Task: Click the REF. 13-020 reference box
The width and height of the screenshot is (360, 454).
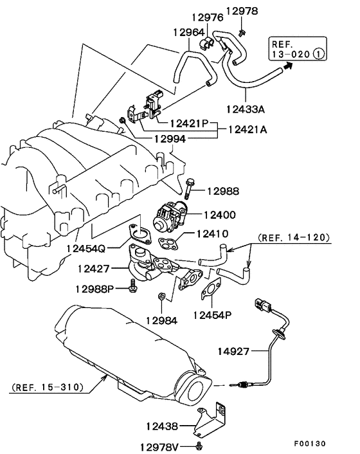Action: pyautogui.click(x=295, y=49)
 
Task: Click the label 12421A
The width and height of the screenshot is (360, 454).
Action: pyautogui.click(x=247, y=129)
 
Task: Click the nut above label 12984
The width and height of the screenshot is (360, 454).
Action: pyautogui.click(x=163, y=296)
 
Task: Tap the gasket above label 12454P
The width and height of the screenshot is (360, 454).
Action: pyautogui.click(x=210, y=290)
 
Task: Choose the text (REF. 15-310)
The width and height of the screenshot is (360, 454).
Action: pyautogui.click(x=44, y=388)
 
